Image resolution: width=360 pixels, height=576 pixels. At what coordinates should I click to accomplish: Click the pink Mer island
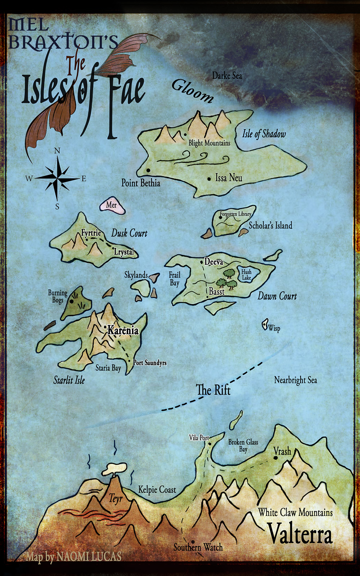click(112, 205)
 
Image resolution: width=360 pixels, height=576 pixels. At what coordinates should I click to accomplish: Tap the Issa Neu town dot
click(209, 179)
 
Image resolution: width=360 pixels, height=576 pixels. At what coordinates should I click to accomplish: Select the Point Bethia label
click(140, 183)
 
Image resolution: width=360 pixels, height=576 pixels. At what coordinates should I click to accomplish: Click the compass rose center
click(57, 178)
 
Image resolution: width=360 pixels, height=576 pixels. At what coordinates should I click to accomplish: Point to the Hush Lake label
click(246, 275)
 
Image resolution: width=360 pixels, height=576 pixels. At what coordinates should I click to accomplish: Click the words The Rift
click(213, 390)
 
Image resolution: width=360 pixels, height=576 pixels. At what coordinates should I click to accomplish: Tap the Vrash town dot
click(275, 458)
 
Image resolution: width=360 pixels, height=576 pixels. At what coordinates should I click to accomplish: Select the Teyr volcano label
click(116, 499)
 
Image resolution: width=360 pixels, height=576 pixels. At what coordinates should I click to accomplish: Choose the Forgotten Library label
click(235, 214)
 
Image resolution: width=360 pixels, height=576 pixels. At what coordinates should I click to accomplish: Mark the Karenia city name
click(123, 330)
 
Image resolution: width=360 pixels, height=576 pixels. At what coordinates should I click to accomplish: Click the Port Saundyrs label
click(150, 363)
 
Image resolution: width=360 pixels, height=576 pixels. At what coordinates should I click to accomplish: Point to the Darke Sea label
click(227, 76)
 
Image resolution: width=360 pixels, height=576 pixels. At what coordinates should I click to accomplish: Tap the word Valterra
click(300, 534)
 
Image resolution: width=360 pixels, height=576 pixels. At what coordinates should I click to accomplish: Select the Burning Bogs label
click(58, 296)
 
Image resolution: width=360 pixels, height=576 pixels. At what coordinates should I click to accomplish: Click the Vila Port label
click(199, 438)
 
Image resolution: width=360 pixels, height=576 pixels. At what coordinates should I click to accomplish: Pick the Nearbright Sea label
click(295, 380)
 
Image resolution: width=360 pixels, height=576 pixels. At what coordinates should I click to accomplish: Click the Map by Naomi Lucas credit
click(73, 557)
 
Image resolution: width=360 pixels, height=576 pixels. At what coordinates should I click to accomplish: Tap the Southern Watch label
click(198, 548)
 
